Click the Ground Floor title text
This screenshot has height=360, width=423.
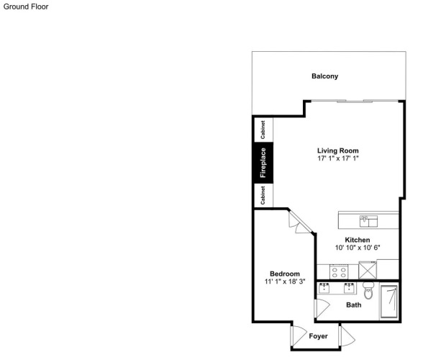tap(26, 6)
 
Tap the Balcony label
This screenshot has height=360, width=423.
tap(325, 76)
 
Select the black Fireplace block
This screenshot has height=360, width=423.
tap(263, 163)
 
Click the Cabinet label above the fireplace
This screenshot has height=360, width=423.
tap(263, 130)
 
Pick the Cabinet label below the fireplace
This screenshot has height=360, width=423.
tap(263, 195)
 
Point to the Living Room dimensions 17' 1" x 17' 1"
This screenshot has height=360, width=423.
tap(338, 158)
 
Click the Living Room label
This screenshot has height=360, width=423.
tap(338, 150)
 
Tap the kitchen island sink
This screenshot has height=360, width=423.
tap(368, 221)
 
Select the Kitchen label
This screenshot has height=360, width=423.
tap(358, 240)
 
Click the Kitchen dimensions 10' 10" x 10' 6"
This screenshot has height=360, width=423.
tap(358, 248)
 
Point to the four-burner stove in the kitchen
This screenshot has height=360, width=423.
tap(339, 272)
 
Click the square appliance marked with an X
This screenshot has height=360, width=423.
tap(368, 270)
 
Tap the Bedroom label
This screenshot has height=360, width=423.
tap(285, 274)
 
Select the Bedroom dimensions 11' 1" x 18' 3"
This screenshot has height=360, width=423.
tap(285, 282)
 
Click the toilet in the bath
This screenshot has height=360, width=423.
tap(368, 291)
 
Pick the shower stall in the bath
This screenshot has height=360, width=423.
tap(388, 301)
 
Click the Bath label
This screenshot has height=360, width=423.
tap(354, 305)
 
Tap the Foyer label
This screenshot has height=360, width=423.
tap(318, 336)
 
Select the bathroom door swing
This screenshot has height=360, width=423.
tap(322, 308)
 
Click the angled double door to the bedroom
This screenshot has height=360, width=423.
tap(300, 222)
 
